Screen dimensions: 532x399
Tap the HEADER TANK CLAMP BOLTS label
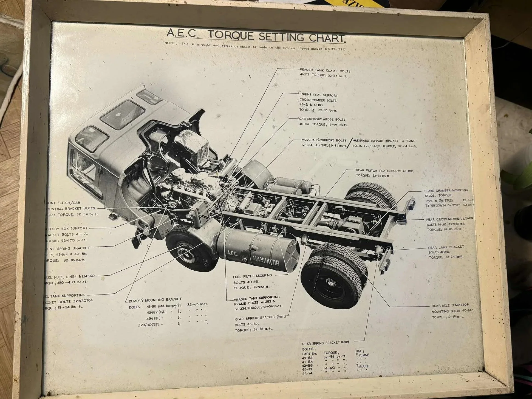click(325, 71)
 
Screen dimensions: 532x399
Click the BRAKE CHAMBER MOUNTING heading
click(446, 190)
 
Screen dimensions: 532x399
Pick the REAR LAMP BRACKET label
click(446, 247)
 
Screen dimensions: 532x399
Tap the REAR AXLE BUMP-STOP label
click(450, 305)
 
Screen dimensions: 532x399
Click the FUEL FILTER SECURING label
click(252, 276)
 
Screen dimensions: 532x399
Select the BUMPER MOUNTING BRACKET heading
click(155, 300)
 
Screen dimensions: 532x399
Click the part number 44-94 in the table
click(307, 373)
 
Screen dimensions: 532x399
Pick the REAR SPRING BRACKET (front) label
click(260, 318)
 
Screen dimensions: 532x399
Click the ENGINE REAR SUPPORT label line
click(318, 95)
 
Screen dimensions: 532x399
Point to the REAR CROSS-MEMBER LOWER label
click(449, 219)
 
